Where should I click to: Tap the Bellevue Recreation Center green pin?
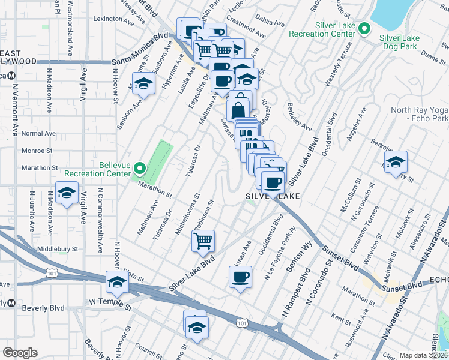pyautogui.click(x=140, y=169)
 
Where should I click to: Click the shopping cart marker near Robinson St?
pyautogui.click(x=203, y=241)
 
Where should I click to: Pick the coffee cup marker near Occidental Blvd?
pyautogui.click(x=240, y=277)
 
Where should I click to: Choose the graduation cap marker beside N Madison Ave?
pyautogui.click(x=67, y=193)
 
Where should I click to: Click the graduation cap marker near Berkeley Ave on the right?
pyautogui.click(x=396, y=163)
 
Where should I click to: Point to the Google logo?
pyautogui.click(x=20, y=353)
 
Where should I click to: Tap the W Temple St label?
pyautogui.click(x=109, y=303)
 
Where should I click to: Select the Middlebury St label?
pyautogui.click(x=58, y=248)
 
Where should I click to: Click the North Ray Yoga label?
pyautogui.click(x=419, y=114)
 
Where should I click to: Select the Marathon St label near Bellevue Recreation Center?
pyautogui.click(x=153, y=191)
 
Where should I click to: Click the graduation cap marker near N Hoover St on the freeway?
pyautogui.click(x=117, y=283)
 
